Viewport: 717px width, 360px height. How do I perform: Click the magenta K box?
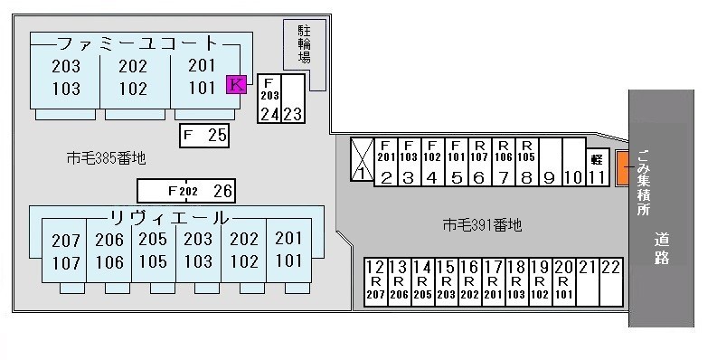235,85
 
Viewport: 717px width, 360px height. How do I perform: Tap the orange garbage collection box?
623,168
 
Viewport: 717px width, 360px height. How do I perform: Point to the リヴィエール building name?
169,218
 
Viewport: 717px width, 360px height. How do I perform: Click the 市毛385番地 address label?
107,158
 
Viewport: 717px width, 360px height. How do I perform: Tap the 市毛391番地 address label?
482,225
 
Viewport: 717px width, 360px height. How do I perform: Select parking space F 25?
204,136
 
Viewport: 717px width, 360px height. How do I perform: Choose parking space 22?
612,281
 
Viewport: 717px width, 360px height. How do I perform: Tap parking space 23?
292,99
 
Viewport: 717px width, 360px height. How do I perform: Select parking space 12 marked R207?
375,281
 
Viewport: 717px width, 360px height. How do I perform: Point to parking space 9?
549,161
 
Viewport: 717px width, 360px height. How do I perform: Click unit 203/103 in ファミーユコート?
65,78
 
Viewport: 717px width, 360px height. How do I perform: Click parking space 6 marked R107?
479,161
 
